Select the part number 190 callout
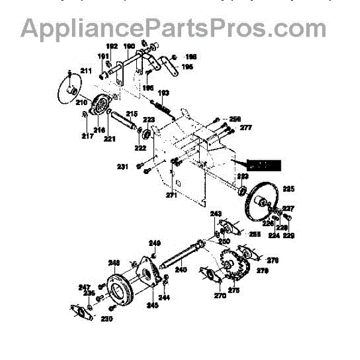point(129,46)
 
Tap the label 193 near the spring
point(163,92)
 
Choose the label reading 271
point(172,195)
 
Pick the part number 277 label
point(229,128)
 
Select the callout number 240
point(181,270)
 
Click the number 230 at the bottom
point(107,319)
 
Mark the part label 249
point(155,243)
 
